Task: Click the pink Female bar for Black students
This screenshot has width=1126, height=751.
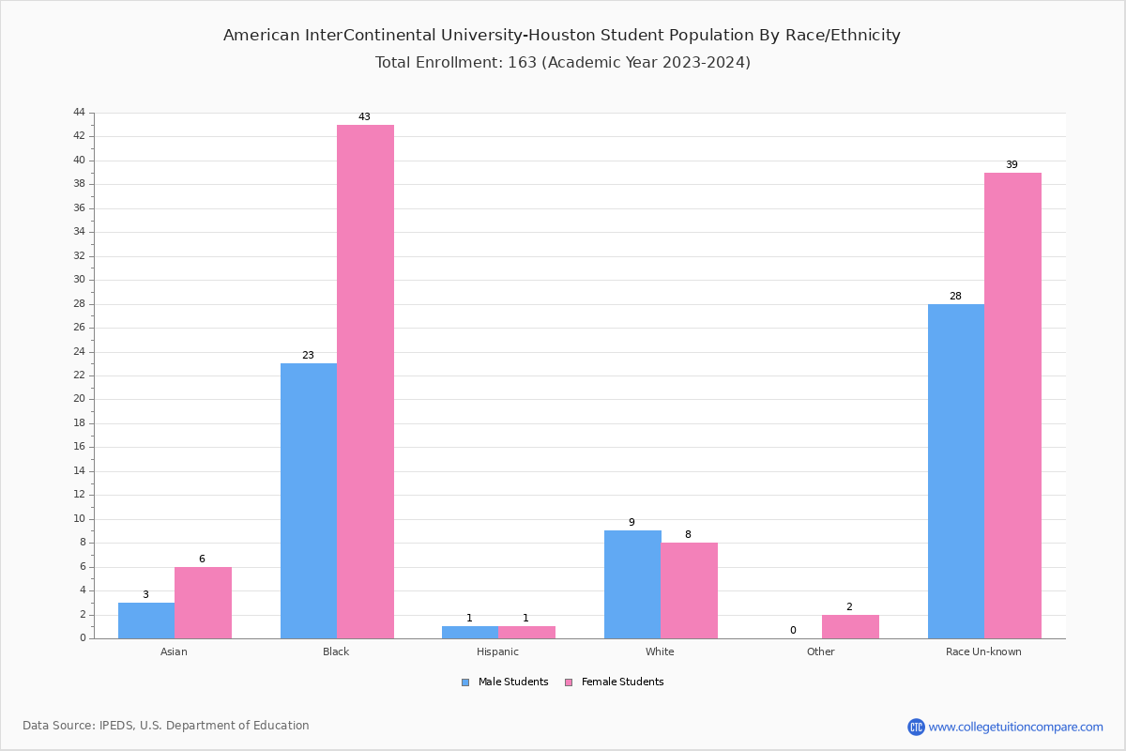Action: click(365, 381)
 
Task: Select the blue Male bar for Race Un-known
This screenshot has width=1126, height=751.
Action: click(955, 471)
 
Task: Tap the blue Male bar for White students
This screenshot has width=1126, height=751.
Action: click(631, 584)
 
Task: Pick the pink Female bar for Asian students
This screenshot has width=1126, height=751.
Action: click(203, 603)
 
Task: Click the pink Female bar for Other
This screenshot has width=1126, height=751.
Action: click(850, 626)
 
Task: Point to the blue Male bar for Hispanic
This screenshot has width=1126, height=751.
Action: click(470, 632)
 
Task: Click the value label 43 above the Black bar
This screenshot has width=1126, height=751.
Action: click(364, 117)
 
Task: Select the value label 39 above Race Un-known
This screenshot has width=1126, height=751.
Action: click(1012, 165)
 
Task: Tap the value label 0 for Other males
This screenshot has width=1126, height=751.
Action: click(793, 631)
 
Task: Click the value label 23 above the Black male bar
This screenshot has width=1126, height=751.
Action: click(308, 356)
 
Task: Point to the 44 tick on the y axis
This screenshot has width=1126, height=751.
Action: click(79, 113)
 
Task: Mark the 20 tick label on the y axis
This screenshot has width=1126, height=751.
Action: click(79, 399)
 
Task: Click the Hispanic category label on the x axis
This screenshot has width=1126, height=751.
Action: click(497, 651)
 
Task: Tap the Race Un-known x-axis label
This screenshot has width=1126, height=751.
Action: click(983, 651)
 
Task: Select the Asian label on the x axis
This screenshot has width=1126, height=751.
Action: click(174, 651)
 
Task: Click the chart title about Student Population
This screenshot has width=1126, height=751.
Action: click(561, 36)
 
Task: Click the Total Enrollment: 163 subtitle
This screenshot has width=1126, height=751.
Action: click(562, 63)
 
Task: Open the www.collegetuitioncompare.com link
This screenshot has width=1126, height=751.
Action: click(1015, 727)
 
